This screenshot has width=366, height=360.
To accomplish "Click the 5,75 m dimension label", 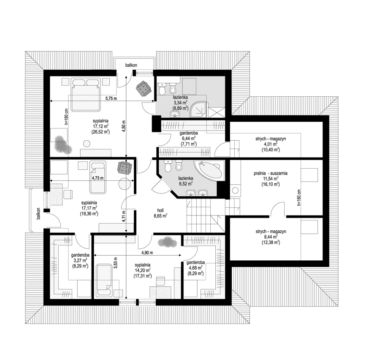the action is tap(111, 98).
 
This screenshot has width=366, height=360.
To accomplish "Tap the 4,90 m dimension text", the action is tap(147, 253).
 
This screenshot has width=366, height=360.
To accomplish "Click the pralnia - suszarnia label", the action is tap(271, 173).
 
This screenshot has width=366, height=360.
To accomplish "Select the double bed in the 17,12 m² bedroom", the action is tap(86, 94).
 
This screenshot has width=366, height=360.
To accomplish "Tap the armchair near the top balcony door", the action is tap(143, 88).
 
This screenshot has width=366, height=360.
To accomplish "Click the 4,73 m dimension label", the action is tap(98, 178).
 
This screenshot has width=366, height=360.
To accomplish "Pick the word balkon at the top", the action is tap(131, 65).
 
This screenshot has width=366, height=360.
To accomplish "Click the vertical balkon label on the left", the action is tap(38, 213).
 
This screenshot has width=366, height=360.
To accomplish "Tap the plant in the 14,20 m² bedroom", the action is tap(168, 242).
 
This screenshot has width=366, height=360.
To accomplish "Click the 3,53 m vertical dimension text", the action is tap(115, 263).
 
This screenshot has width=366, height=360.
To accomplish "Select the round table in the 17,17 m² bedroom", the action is tap(125, 184).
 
